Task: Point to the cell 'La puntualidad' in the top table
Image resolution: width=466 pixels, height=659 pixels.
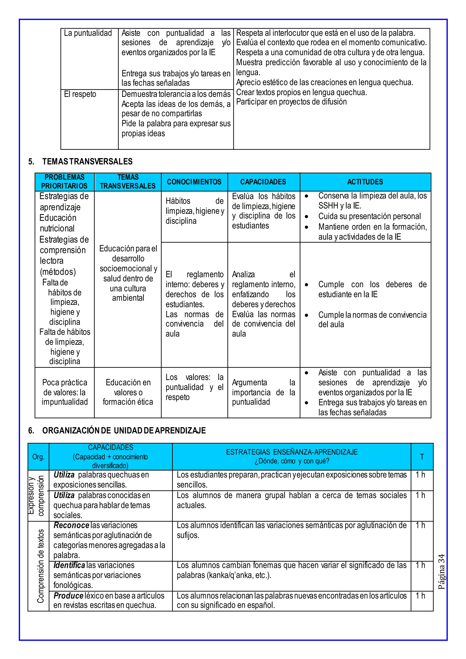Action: point(88,33)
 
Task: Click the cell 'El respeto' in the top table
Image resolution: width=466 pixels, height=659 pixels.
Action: point(80,94)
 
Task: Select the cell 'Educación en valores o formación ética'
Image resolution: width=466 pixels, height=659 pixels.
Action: point(128,392)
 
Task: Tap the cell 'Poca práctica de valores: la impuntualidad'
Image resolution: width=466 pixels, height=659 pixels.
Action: point(65,392)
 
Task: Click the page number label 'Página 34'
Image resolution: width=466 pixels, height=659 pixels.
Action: point(441,571)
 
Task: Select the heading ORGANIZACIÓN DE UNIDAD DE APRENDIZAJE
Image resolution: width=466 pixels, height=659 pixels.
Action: point(124,431)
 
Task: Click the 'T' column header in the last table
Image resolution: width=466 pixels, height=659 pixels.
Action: point(422,457)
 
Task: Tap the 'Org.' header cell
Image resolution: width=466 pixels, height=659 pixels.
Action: point(38,457)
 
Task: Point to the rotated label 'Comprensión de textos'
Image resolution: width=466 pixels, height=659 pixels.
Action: point(41,566)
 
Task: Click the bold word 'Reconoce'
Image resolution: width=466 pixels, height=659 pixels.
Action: point(71,525)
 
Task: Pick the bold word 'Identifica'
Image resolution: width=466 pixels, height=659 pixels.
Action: point(69,565)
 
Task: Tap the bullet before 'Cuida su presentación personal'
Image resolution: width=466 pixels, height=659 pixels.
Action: point(306,217)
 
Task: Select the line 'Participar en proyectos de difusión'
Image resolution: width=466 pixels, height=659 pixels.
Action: point(291,102)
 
